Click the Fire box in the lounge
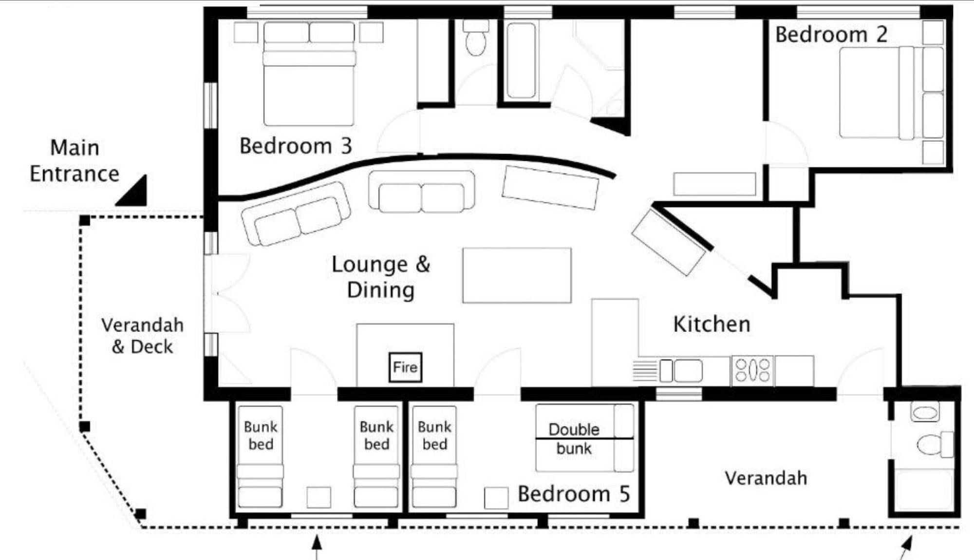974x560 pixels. (x=405, y=367)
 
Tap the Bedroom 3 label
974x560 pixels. (x=295, y=146)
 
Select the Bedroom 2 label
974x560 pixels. (x=831, y=35)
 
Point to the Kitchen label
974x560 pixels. (x=712, y=324)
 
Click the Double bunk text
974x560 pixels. (x=574, y=439)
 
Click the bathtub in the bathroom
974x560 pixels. (x=521, y=61)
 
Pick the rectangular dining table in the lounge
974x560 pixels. (x=517, y=275)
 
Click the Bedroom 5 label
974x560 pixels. (x=573, y=494)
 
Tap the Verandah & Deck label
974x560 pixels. (x=142, y=336)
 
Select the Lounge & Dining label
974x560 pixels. (x=381, y=277)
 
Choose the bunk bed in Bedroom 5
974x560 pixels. (x=434, y=456)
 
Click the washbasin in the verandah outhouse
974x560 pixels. (x=924, y=413)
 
